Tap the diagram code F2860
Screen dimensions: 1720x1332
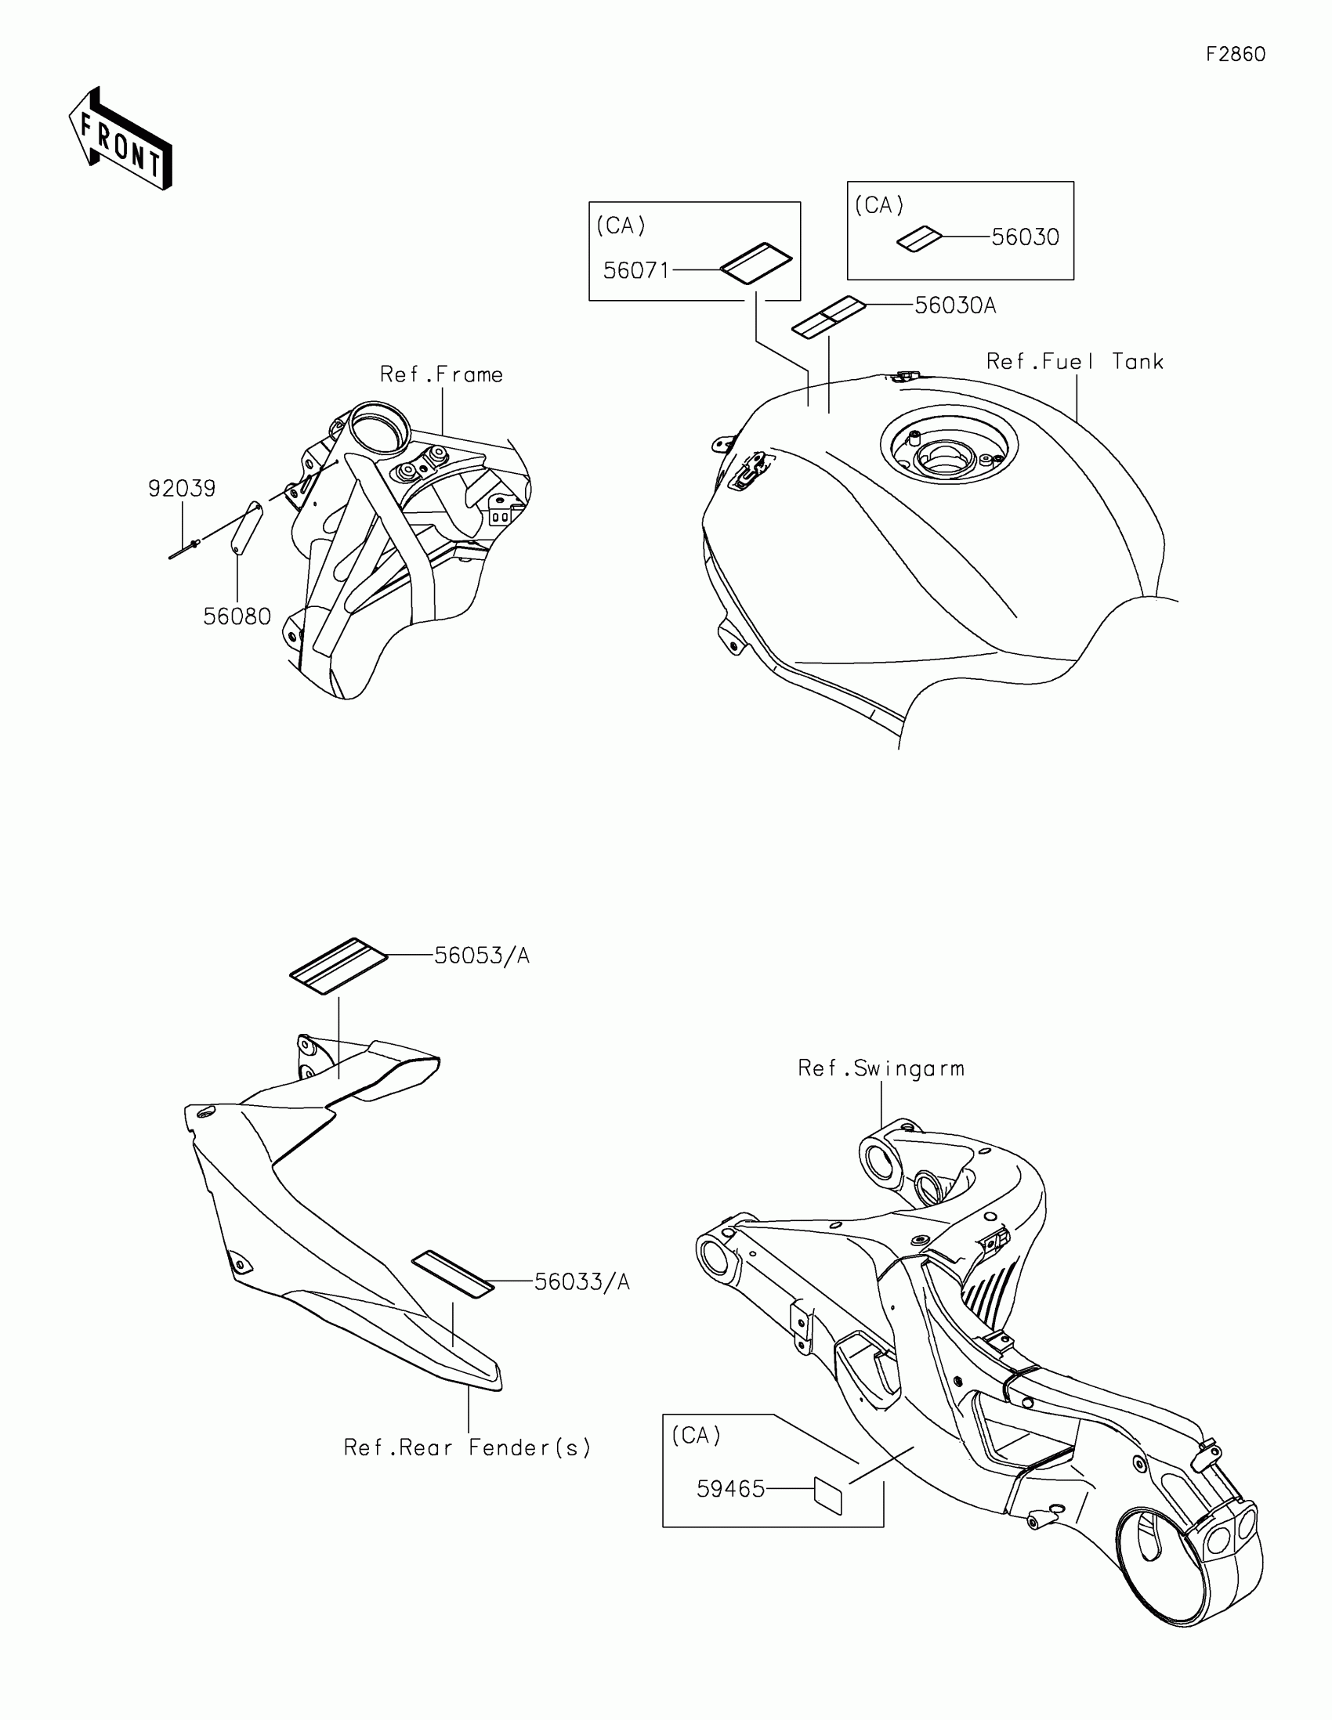coord(1235,54)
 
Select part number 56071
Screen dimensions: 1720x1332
coord(635,271)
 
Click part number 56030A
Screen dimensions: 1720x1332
coord(954,305)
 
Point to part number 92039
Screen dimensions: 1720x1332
coord(182,489)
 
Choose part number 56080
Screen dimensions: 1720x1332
coord(237,616)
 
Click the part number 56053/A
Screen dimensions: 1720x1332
coord(481,956)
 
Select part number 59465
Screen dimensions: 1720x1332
coord(730,1489)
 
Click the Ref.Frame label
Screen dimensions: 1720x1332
coord(441,375)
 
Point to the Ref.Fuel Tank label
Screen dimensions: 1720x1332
coord(1074,363)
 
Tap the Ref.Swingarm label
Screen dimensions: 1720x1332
coord(881,1068)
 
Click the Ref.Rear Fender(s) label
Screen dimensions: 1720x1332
coord(467,1448)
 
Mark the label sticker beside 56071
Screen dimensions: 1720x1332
coord(756,262)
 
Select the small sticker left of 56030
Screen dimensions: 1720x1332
coord(919,240)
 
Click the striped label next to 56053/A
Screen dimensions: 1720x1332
coord(338,966)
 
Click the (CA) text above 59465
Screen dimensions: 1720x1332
coord(696,1436)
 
